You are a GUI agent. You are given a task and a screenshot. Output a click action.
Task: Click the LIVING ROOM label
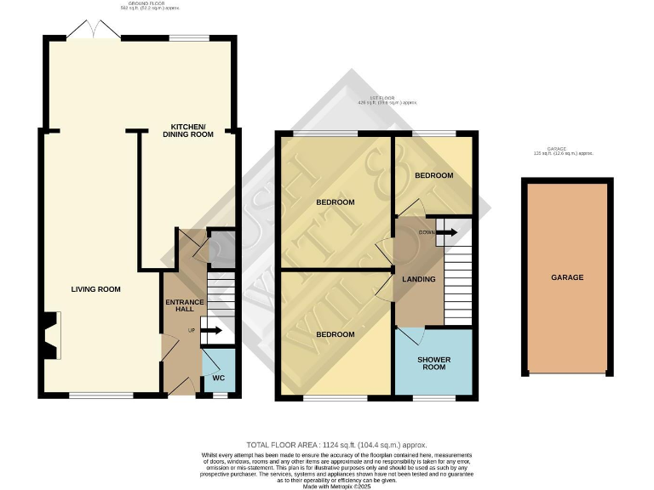[x=95, y=289]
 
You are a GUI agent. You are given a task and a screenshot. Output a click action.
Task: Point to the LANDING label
[x=418, y=279]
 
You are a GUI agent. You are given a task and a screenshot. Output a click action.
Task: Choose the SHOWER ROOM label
[x=433, y=365]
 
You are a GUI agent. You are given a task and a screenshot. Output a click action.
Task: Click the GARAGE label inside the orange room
[x=567, y=277]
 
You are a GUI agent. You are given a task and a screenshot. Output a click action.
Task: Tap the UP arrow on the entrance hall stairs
[x=210, y=330]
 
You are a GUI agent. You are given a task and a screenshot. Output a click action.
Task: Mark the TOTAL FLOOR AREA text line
[x=336, y=445]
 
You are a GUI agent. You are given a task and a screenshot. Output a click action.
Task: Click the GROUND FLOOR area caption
[x=137, y=5]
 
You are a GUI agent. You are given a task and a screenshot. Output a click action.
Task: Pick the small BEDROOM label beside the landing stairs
[x=433, y=175]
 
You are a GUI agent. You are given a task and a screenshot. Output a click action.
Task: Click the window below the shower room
[x=434, y=397]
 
